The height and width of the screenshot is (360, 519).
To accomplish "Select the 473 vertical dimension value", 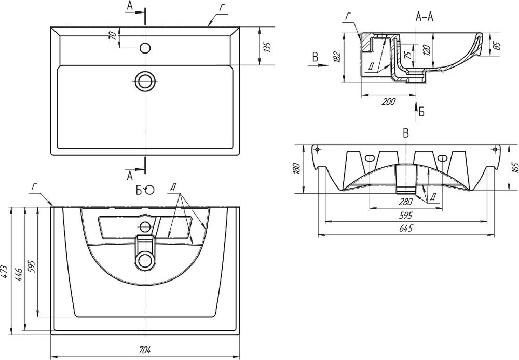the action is tap(4, 272).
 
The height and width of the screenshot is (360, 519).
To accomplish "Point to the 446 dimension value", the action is tap(19, 275).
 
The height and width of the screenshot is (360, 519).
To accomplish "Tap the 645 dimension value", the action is tap(406, 229).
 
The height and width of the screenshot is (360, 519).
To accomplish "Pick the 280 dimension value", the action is tap(406, 202).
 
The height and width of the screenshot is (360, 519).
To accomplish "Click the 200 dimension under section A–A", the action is tap(388, 102).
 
